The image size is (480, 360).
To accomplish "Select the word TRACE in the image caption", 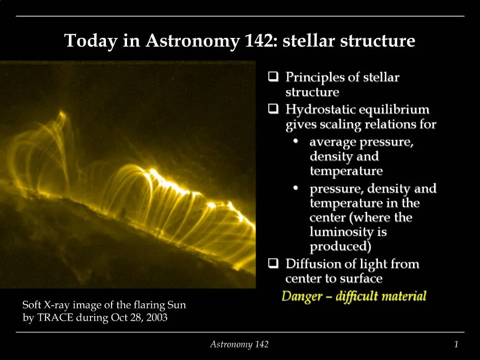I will tap(52, 317).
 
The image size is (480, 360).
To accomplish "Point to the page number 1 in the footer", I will tap(456, 345).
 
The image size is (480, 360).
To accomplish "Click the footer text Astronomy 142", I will tap(239, 345).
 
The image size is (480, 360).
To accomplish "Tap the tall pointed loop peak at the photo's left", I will tap(61, 113).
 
